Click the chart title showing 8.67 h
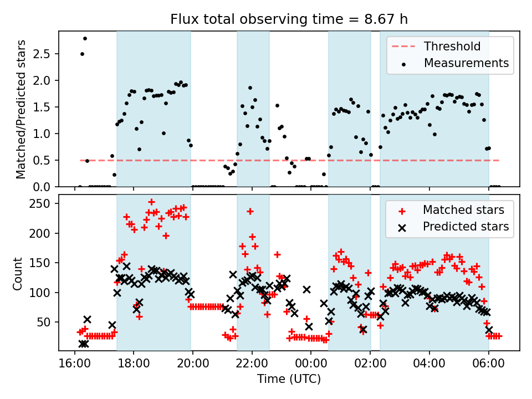pos(289,19)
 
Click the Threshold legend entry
pos(436,46)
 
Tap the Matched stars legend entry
pos(451,210)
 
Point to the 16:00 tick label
pos(75,364)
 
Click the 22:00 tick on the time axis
pos(252,364)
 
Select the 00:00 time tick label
pos(311,364)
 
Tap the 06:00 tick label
pos(488,364)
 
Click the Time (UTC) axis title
pos(289,378)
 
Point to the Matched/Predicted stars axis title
pos(21,109)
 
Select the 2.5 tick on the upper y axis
pos(42,54)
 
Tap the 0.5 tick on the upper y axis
pos(42,161)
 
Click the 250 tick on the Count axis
pos(40,204)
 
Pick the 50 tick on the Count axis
pos(43,323)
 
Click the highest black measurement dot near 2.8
pos(85,39)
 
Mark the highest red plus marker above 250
pos(152,202)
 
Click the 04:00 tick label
pos(429,364)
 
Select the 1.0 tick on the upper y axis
pos(42,134)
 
